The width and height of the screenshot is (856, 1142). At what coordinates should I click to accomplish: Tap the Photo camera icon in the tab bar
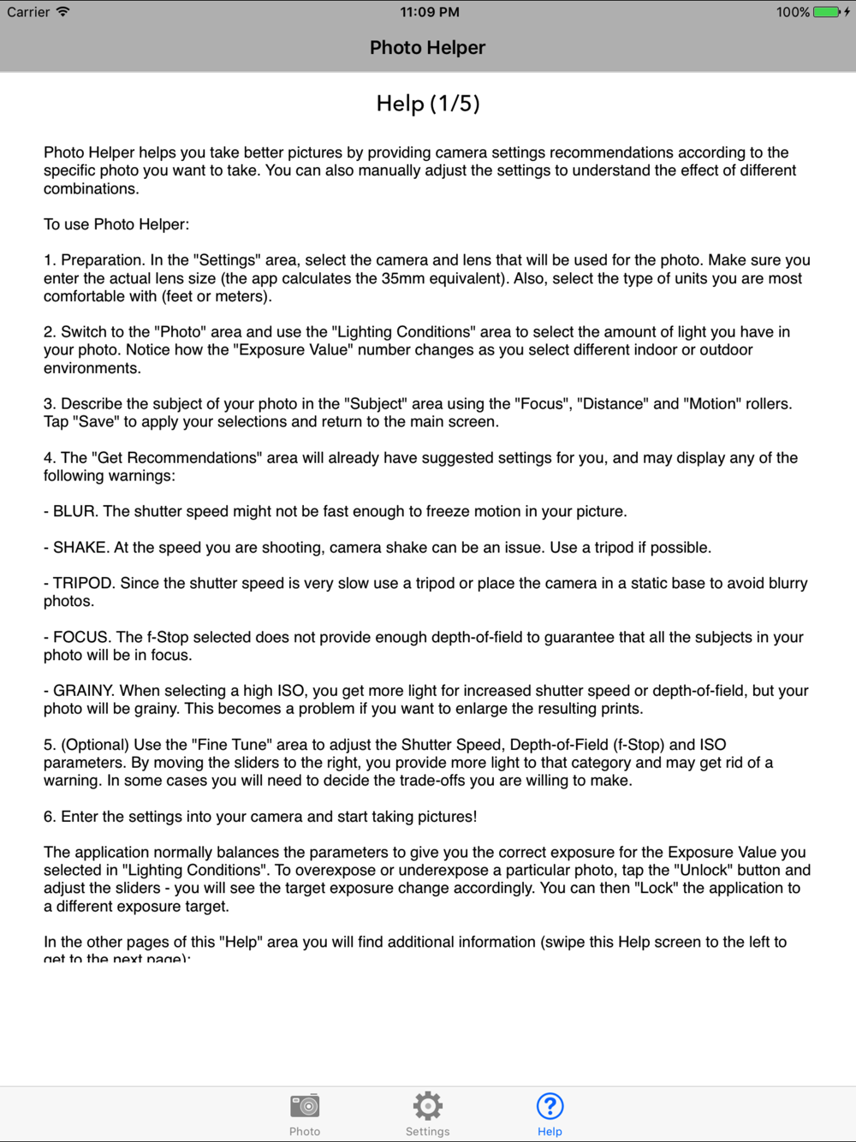point(305,1106)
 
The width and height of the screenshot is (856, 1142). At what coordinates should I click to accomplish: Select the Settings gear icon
point(427,1106)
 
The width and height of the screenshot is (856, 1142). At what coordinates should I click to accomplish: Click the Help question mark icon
point(550,1106)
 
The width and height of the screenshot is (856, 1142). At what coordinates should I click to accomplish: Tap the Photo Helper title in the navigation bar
point(427,48)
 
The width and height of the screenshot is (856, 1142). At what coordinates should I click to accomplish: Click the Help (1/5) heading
point(428,104)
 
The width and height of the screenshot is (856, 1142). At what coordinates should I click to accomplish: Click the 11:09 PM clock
point(430,12)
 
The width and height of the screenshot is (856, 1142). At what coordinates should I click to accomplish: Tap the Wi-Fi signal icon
point(62,12)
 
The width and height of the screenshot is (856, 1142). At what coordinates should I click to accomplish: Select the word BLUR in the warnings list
point(74,511)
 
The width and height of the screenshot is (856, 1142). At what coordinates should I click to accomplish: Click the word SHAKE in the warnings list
point(80,547)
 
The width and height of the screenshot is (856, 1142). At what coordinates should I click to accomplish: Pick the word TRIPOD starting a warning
point(82,583)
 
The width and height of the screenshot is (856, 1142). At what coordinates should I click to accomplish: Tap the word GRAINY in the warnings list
point(83,690)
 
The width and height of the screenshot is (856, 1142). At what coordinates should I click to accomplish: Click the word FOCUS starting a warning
point(81,637)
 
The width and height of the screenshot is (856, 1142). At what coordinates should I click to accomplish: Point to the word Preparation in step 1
point(102,259)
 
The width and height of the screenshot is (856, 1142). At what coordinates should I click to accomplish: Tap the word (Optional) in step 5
point(95,744)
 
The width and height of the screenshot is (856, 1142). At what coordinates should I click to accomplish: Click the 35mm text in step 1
point(401,278)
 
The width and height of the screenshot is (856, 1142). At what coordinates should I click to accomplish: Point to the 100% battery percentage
point(793,12)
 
